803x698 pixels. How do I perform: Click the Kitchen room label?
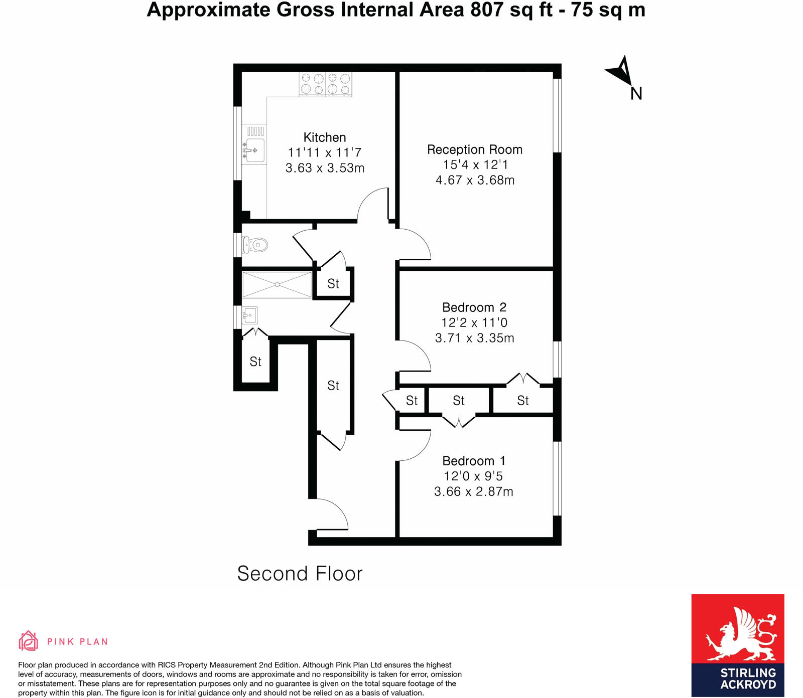[x=325, y=137]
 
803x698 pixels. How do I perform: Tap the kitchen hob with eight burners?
[x=325, y=84]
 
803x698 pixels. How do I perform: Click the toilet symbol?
[x=255, y=245]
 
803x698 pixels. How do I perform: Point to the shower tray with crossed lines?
[x=277, y=285]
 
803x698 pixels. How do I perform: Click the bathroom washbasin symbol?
[x=250, y=315]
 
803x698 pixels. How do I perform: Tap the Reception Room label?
[x=475, y=149]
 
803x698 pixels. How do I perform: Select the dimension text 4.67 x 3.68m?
[x=475, y=180]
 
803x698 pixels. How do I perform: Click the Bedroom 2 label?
[x=474, y=307]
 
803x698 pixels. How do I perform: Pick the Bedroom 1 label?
[x=474, y=461]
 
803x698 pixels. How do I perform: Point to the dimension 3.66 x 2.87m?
[x=473, y=491]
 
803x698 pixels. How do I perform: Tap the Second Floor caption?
[x=300, y=574]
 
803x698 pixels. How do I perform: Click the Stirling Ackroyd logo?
[x=738, y=645]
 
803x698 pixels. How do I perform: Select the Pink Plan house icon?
[x=28, y=641]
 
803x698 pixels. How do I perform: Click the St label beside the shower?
[x=333, y=284]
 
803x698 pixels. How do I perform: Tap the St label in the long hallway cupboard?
[x=333, y=386]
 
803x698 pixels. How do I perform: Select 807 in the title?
[x=486, y=10]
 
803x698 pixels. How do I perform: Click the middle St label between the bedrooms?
[x=459, y=401]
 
